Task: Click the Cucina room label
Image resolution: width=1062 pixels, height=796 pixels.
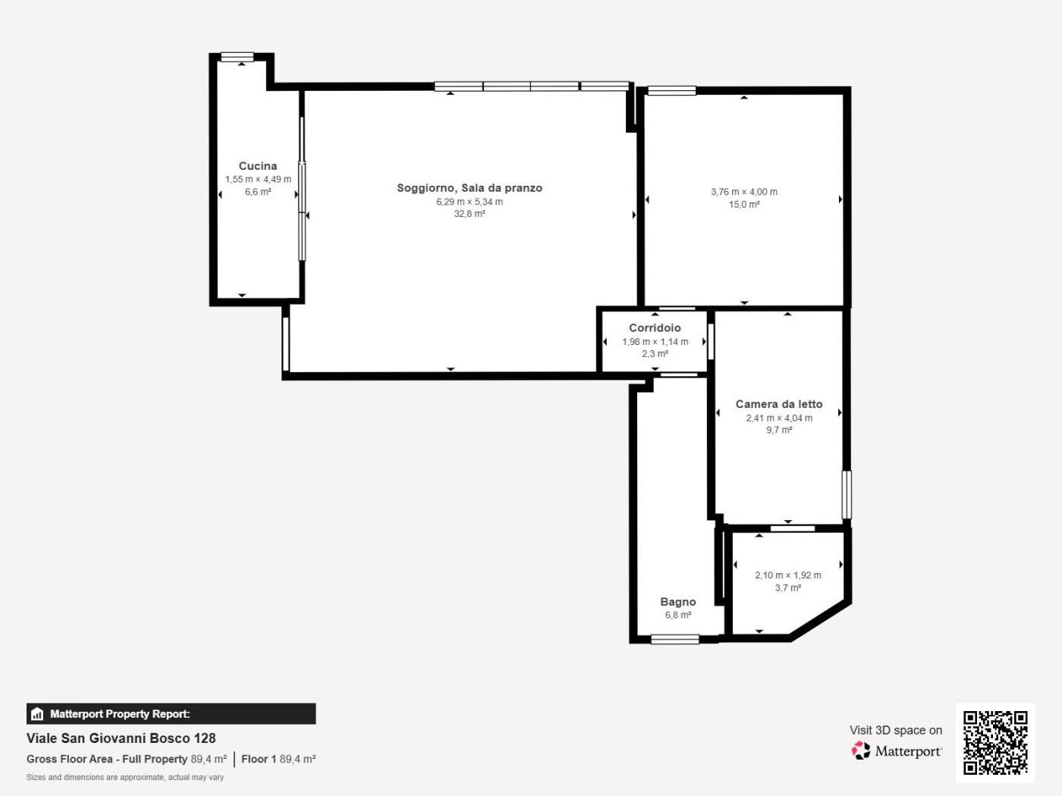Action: pyautogui.click(x=258, y=166)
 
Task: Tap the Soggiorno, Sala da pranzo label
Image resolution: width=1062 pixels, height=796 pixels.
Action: pyautogui.click(x=470, y=188)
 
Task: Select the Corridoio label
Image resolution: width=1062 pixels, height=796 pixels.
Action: pyautogui.click(x=655, y=327)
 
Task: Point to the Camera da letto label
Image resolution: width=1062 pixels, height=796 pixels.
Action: pyautogui.click(x=779, y=404)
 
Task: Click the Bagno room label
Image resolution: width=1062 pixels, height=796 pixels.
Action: pyautogui.click(x=678, y=602)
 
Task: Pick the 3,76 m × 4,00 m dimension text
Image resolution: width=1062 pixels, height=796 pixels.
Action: pyautogui.click(x=744, y=192)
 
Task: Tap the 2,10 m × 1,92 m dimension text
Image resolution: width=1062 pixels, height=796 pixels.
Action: pyautogui.click(x=788, y=575)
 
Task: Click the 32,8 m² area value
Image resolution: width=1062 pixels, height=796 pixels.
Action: pyautogui.click(x=470, y=214)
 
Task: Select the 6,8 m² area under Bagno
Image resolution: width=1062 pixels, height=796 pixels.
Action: pyautogui.click(x=678, y=616)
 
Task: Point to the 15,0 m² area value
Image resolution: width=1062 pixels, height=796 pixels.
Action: pyautogui.click(x=744, y=205)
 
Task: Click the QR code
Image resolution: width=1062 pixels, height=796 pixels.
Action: pyautogui.click(x=995, y=742)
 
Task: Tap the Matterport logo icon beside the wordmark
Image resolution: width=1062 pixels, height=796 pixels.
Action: pyautogui.click(x=861, y=751)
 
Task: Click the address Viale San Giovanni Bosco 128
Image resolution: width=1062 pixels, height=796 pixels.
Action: pyautogui.click(x=121, y=738)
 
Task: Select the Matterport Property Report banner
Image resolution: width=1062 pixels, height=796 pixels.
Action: pyautogui.click(x=171, y=714)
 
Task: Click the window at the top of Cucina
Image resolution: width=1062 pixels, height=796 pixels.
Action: pyautogui.click(x=237, y=57)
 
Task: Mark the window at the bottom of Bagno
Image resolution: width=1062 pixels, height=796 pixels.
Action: pyautogui.click(x=675, y=639)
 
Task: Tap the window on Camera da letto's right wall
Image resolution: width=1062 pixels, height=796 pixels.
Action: pyautogui.click(x=847, y=495)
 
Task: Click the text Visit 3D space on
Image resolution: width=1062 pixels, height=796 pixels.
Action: pyautogui.click(x=896, y=730)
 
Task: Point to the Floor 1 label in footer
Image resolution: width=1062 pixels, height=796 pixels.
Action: pyautogui.click(x=259, y=760)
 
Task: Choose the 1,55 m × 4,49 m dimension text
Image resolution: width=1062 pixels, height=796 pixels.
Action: pyautogui.click(x=258, y=180)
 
